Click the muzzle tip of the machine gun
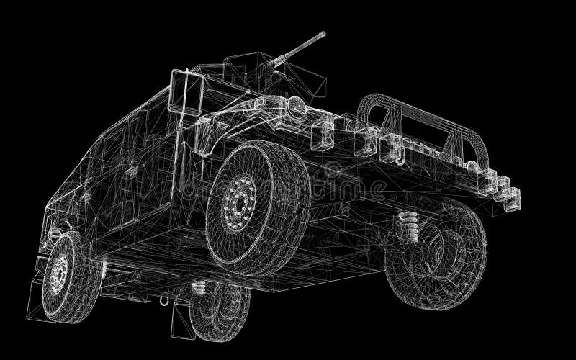tap(323, 33)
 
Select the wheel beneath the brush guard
tap(435, 248)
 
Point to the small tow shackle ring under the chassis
tap(163, 302)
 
